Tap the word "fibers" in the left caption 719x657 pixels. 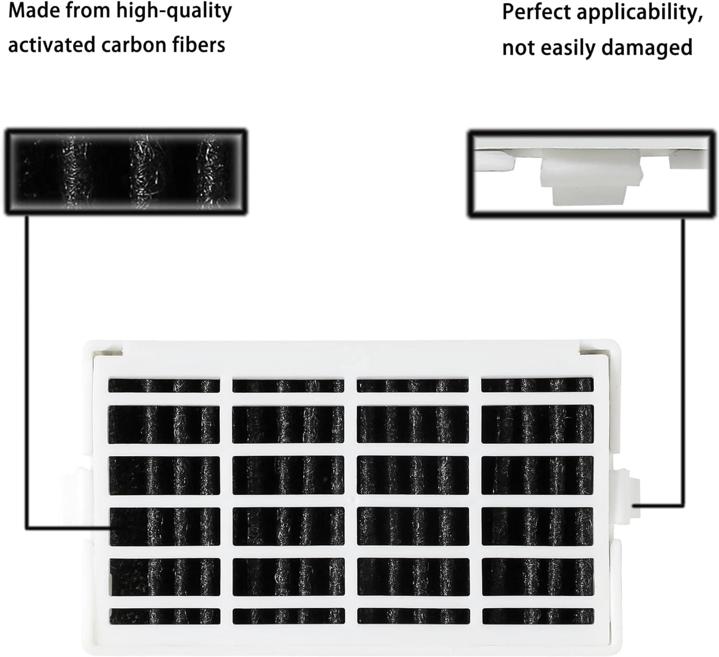point(202,45)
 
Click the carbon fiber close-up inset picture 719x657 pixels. point(126,171)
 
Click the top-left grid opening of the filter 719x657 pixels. point(164,385)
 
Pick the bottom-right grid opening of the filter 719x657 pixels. point(538,616)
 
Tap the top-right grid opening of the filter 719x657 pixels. point(537,385)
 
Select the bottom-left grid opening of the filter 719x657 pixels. point(165,616)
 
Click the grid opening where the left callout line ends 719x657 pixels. point(165,526)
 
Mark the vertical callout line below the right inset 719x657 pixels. point(683,359)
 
